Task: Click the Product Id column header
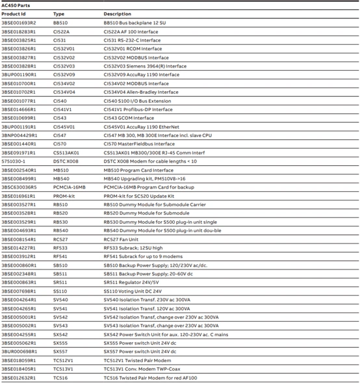[x=14, y=13]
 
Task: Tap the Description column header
[x=117, y=13]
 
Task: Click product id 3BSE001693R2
[x=19, y=22]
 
